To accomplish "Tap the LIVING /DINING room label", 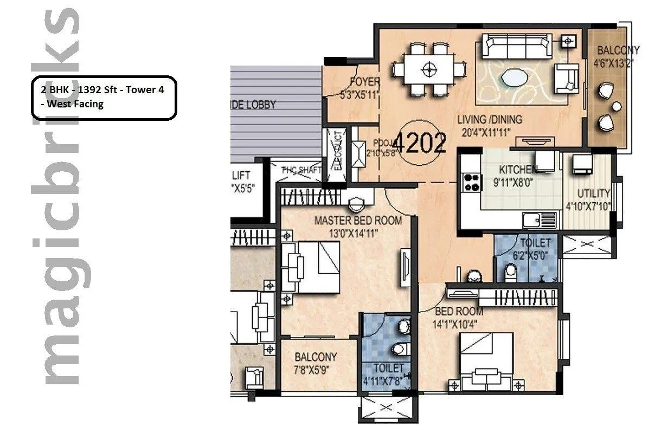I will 489,119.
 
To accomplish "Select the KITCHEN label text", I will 518,169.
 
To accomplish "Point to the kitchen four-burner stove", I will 471,182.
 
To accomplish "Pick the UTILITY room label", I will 593,193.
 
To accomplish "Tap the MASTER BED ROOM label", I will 358,221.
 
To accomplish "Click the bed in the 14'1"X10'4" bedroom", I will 486,360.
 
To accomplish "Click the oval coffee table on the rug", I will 513,78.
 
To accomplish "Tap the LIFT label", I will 241,176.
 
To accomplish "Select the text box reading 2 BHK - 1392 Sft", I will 104,97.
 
